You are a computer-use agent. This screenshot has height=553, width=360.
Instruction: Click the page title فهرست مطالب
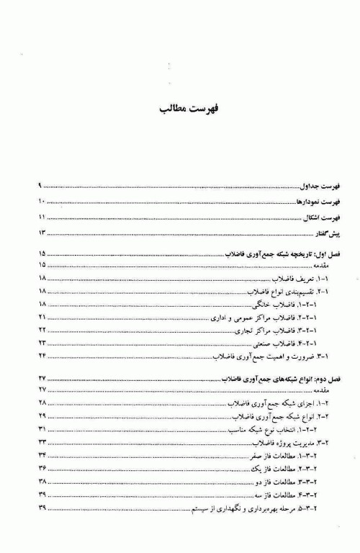click(179, 112)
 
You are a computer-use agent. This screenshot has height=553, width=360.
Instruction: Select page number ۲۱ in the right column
click(42, 318)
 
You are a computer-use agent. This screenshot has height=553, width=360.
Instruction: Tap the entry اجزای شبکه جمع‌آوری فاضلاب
click(265, 403)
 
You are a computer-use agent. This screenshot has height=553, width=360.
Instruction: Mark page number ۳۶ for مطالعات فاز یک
click(42, 469)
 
